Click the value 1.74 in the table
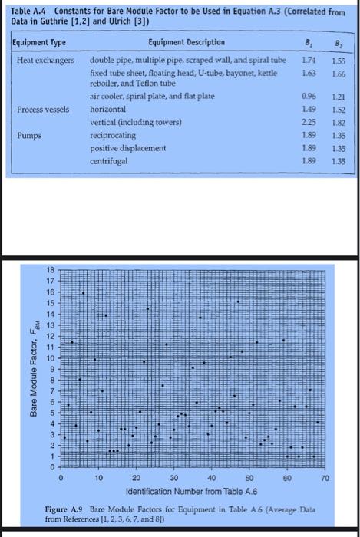click(x=306, y=59)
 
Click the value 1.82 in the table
click(x=336, y=121)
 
